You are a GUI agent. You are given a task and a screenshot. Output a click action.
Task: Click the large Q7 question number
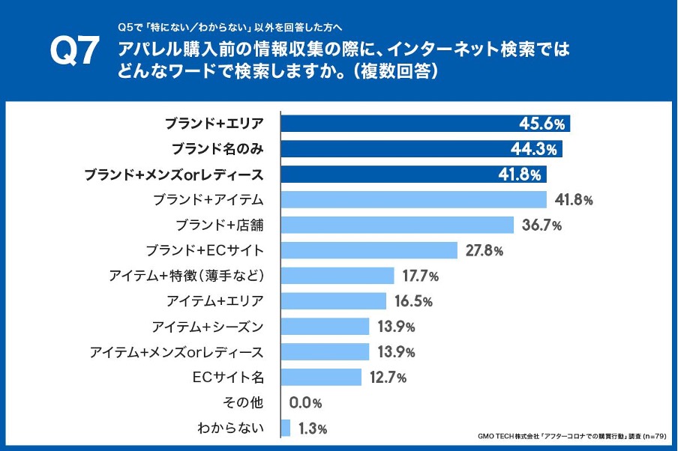74,52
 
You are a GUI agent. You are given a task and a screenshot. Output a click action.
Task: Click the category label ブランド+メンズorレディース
173,175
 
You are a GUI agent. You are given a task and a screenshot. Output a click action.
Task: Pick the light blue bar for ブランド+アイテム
413,199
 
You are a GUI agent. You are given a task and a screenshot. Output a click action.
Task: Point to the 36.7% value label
541,225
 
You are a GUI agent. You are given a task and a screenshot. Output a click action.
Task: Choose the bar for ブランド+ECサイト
369,250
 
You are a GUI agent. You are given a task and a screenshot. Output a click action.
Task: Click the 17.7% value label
420,276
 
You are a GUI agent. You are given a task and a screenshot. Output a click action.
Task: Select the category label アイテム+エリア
215,301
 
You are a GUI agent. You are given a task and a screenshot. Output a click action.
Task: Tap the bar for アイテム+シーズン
325,327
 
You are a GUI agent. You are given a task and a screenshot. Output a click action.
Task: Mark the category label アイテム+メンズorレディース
176,352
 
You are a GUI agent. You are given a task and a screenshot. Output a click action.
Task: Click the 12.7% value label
388,378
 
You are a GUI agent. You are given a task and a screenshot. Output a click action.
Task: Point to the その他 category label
243,403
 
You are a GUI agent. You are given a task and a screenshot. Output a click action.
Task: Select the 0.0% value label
305,403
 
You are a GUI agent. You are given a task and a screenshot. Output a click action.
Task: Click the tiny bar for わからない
286,428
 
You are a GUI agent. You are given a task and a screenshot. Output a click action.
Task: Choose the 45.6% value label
542,124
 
